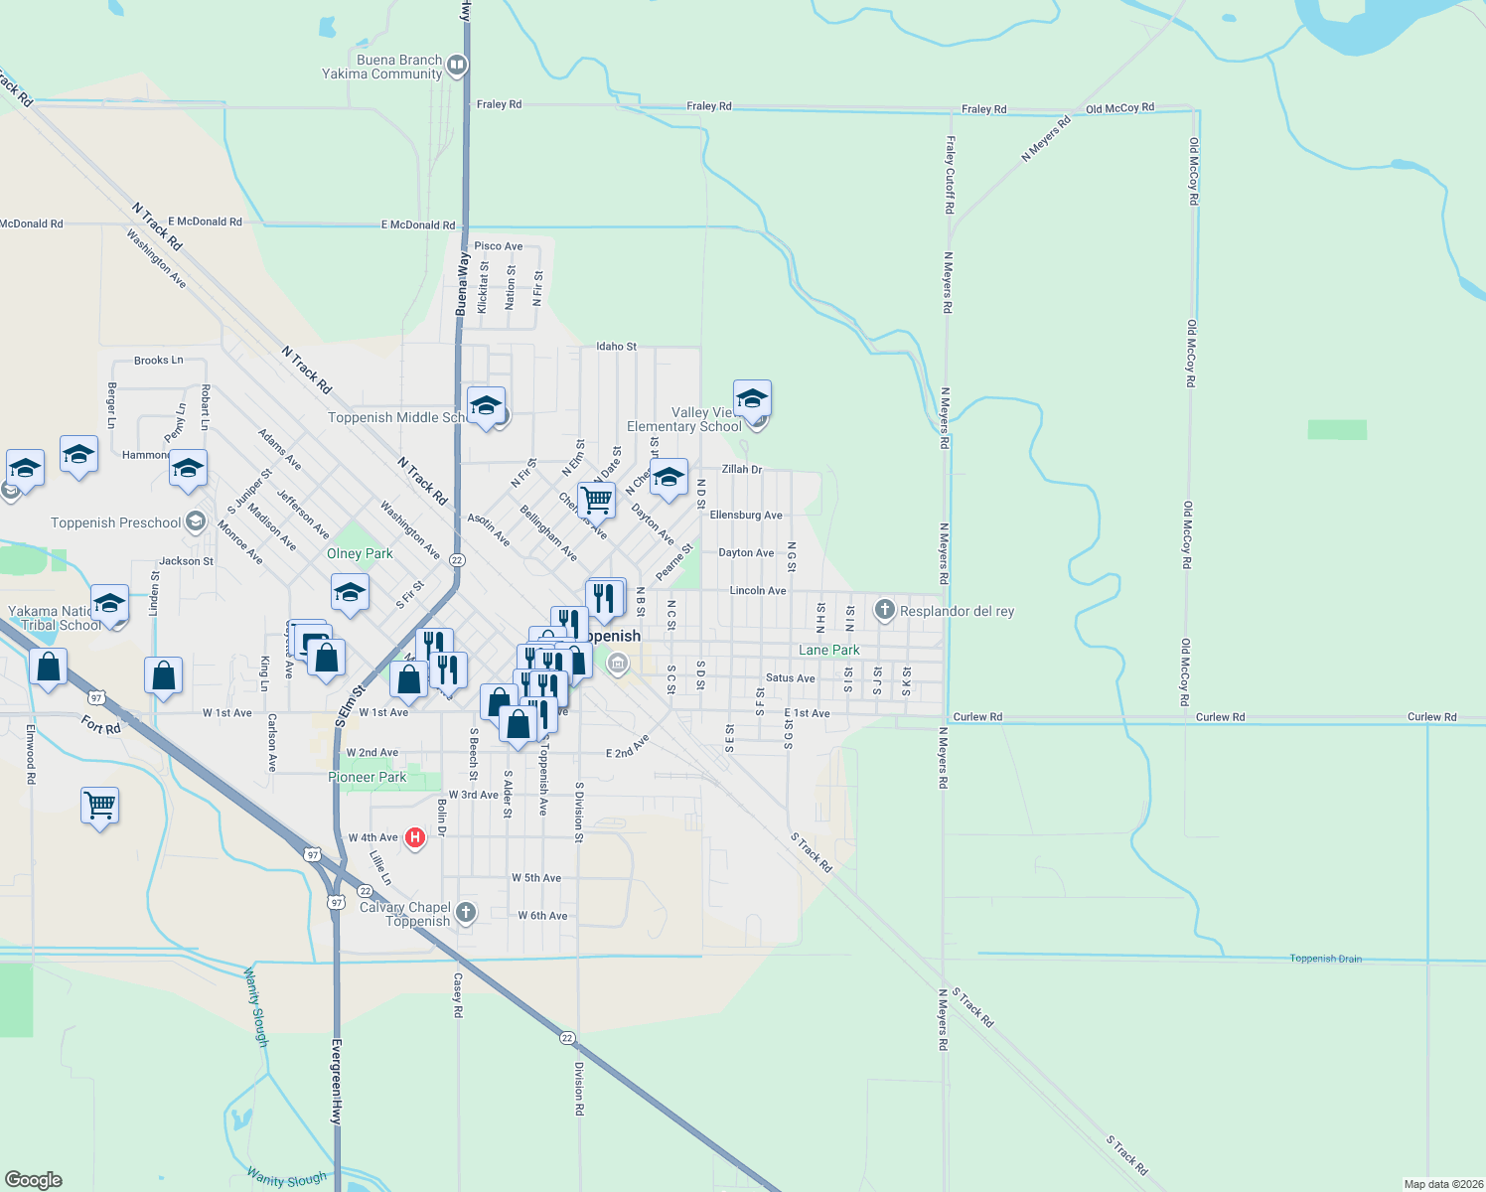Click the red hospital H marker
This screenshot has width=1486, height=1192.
tap(415, 837)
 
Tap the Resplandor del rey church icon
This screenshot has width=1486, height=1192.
tap(884, 610)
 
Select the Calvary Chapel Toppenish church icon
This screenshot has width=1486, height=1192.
tap(465, 913)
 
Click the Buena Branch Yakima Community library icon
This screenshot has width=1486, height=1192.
tap(457, 67)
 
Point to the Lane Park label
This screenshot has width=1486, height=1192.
tap(829, 650)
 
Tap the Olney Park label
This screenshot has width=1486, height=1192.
tap(360, 553)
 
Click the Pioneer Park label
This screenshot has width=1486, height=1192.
tap(368, 777)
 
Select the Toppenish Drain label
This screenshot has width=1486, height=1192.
tap(1325, 959)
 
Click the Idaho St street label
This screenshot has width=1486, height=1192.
tap(616, 347)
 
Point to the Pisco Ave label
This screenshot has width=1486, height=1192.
tap(498, 246)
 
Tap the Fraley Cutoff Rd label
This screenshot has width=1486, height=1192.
tap(951, 175)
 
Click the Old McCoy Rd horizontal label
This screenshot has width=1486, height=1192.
tap(1119, 108)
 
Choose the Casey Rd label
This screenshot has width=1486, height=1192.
tap(458, 994)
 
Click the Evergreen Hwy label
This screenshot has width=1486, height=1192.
tap(337, 1082)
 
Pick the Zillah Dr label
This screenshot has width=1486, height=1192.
tap(741, 469)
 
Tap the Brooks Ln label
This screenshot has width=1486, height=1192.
tap(158, 361)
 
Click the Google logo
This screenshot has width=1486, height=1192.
tap(34, 1180)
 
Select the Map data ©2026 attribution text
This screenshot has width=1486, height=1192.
tap(1442, 1184)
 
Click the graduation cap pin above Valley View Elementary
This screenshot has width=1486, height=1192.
tap(752, 398)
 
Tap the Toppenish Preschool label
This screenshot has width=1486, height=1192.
tap(116, 522)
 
